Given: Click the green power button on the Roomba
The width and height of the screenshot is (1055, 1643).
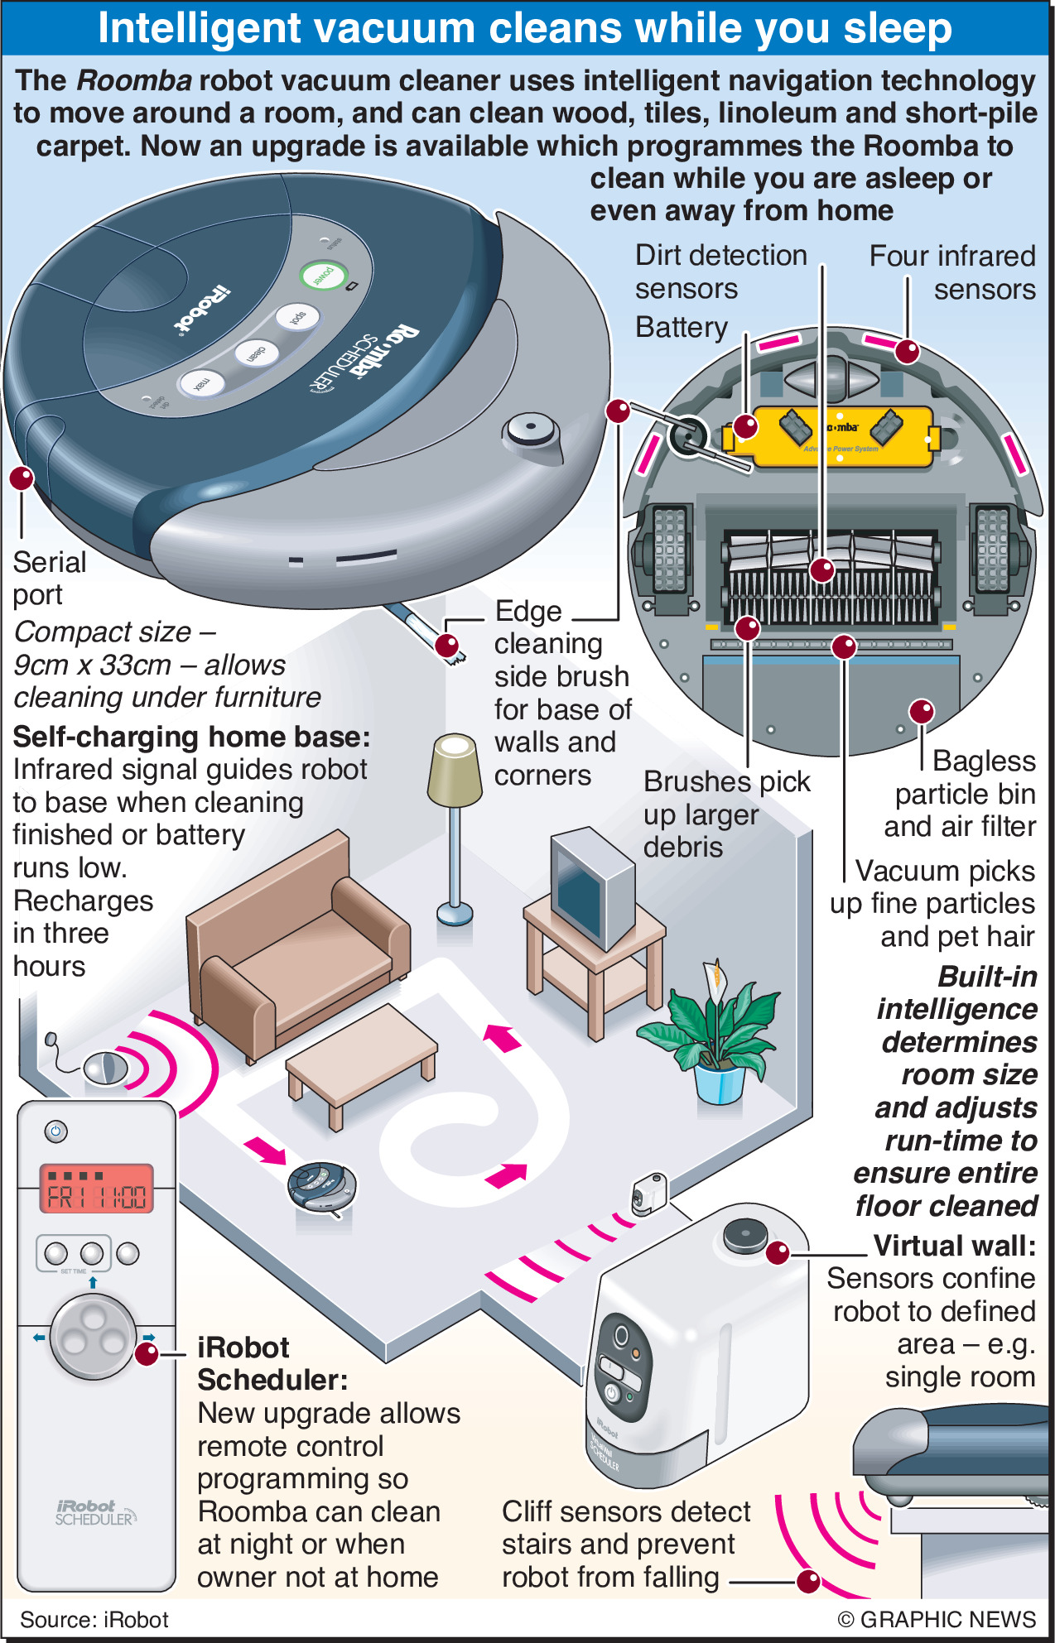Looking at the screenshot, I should tap(322, 275).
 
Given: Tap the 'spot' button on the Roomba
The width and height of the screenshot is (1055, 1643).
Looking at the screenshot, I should tap(296, 317).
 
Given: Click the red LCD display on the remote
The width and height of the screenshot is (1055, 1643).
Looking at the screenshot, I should tap(97, 1188).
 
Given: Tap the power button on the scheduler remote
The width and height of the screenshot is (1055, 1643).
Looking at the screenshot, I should tap(55, 1131).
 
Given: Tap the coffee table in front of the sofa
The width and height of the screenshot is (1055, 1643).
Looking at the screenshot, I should tap(361, 1059).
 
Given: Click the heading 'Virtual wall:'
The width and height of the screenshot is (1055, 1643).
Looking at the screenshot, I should tap(954, 1245).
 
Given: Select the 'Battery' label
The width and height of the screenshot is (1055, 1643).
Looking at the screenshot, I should tap(681, 328).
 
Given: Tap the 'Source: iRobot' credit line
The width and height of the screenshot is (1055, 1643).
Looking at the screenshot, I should tap(94, 1619).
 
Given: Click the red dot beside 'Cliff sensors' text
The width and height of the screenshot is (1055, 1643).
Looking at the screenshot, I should tap(807, 1581).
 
